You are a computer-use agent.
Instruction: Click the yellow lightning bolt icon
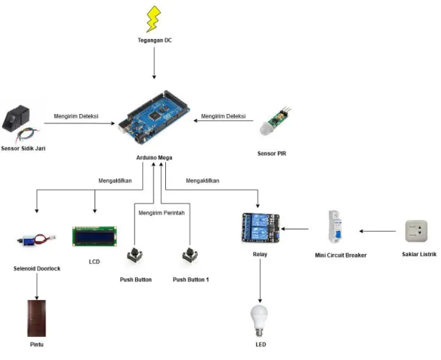pos(154,19)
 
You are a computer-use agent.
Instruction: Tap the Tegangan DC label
pos(154,40)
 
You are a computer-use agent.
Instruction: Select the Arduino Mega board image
pos(154,117)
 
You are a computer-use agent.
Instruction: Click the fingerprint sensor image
pos(19,124)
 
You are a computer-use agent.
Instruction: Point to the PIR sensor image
pos(275,121)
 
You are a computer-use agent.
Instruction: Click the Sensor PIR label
pos(271,154)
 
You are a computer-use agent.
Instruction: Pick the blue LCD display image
pos(95,237)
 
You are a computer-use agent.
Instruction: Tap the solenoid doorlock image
pos(37,240)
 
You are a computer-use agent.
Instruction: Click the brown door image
pos(37,318)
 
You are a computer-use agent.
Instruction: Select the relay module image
pos(261,228)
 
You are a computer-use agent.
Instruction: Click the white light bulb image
pos(259,321)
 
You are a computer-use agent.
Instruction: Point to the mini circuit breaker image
pos(336,227)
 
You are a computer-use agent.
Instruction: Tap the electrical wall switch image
pos(416,231)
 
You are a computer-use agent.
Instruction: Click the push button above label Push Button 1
pos(190,255)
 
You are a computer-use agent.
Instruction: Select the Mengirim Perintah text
pos(162,213)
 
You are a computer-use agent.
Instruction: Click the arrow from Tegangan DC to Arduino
pos(154,63)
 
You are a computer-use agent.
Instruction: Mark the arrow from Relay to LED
pos(260,281)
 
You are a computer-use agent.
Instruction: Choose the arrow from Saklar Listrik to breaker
pos(377,232)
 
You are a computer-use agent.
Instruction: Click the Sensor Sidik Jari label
pos(23,149)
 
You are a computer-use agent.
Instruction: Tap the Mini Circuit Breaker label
pos(341,255)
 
